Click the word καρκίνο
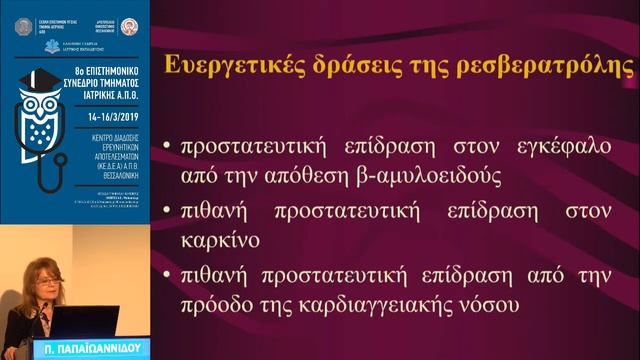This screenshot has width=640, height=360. [221, 242]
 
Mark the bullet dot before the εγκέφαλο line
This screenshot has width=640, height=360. [165, 145]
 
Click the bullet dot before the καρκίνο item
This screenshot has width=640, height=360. [165, 210]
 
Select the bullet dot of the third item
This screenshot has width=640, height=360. [165, 274]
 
